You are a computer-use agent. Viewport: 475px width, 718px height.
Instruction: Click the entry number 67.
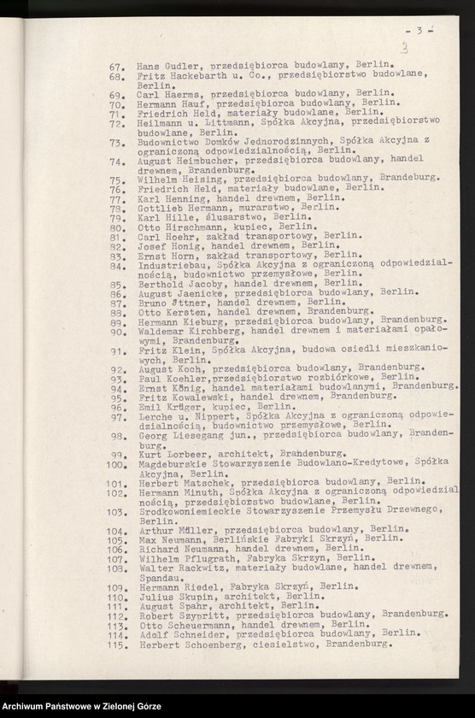coord(118,66)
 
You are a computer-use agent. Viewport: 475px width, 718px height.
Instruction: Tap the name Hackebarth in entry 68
coord(191,76)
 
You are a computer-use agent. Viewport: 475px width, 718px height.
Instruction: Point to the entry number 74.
coord(118,159)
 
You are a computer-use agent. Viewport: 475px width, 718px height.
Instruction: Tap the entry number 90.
coord(118,331)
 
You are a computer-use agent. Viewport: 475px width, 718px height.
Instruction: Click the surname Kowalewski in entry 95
coord(200,397)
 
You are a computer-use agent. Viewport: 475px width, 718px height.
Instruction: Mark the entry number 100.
coord(116,464)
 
